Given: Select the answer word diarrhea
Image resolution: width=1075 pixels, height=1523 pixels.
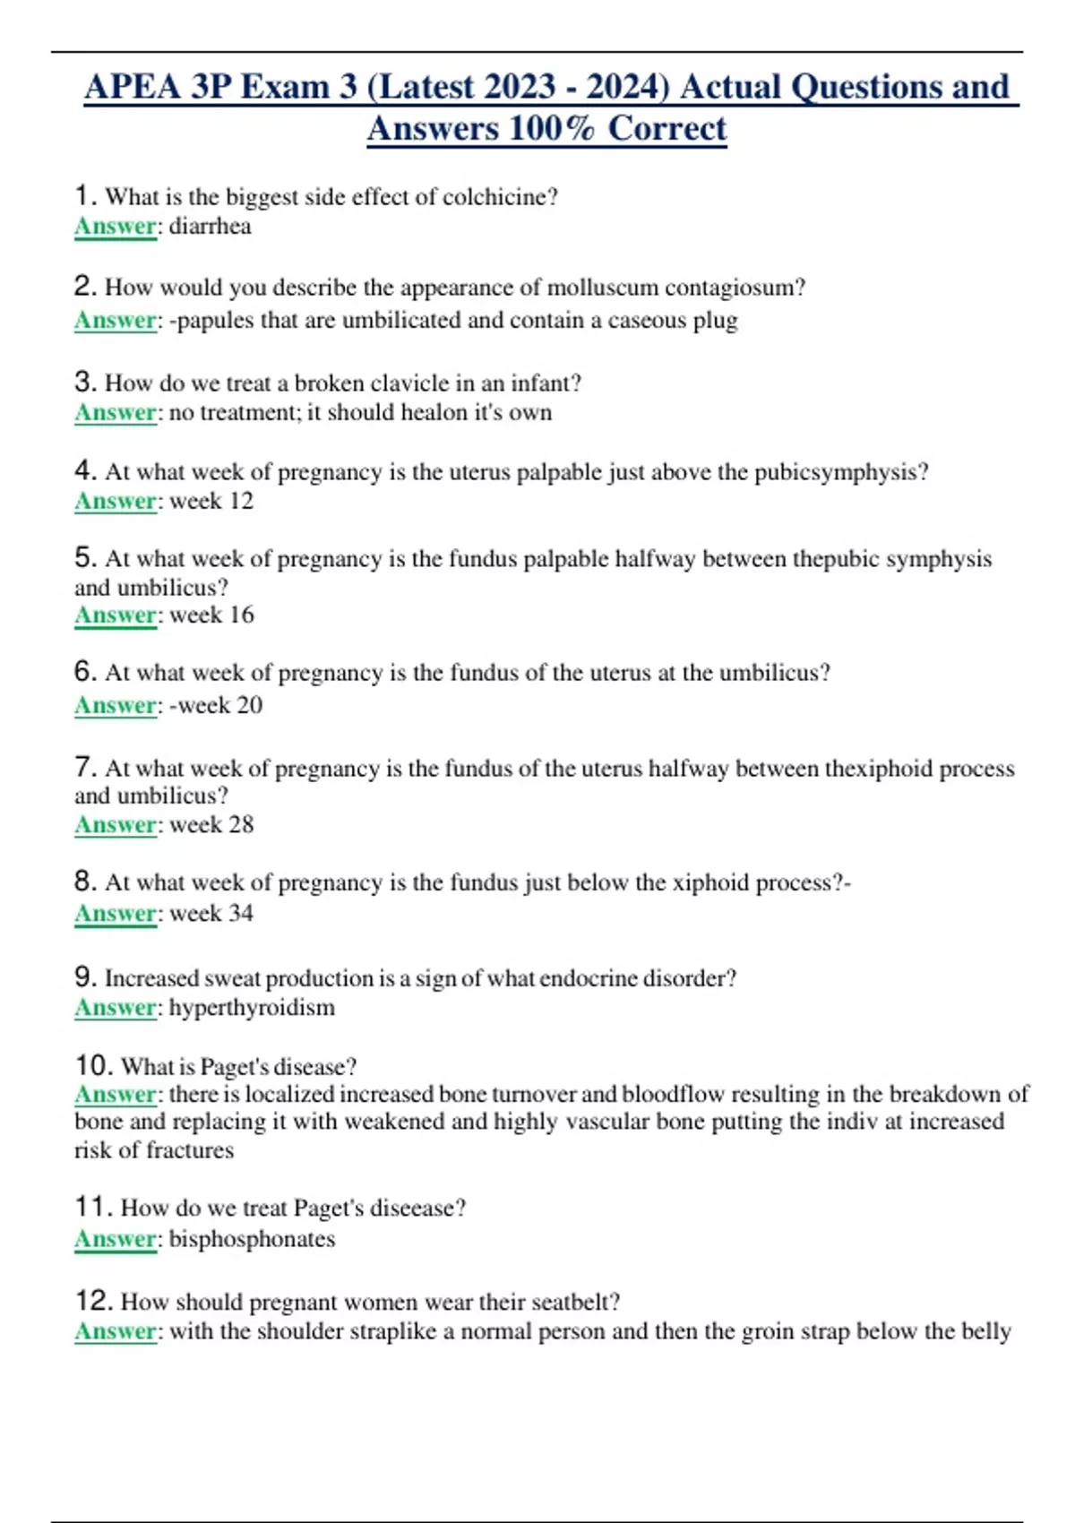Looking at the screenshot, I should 210,226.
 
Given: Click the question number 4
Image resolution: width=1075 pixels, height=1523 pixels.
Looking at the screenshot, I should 84,470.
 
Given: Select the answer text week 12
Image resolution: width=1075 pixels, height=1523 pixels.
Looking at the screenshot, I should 211,501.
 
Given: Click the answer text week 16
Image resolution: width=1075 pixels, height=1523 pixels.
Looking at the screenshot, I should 211,615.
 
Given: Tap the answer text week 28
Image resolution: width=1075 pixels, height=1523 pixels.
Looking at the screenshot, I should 211,824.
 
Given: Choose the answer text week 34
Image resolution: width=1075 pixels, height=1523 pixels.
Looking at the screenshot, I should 211,913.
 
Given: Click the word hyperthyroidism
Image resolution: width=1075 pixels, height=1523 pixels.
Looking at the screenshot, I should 252,1008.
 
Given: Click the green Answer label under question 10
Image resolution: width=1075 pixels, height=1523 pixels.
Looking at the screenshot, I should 116,1095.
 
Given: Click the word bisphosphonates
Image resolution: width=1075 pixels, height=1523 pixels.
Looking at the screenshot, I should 252,1239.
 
